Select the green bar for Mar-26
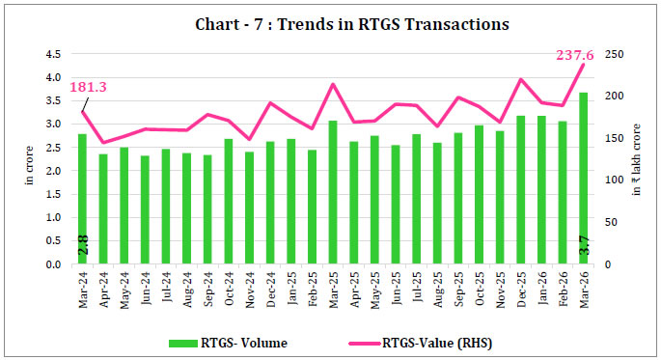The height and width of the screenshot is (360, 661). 583,179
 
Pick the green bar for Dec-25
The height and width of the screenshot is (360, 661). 520,190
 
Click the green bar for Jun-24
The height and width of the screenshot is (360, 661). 145,210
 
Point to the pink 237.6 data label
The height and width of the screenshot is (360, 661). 576,55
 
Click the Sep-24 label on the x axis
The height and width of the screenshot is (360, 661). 207,287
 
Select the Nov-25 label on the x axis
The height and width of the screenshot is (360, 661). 500,287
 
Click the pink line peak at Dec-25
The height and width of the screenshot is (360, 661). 521,79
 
